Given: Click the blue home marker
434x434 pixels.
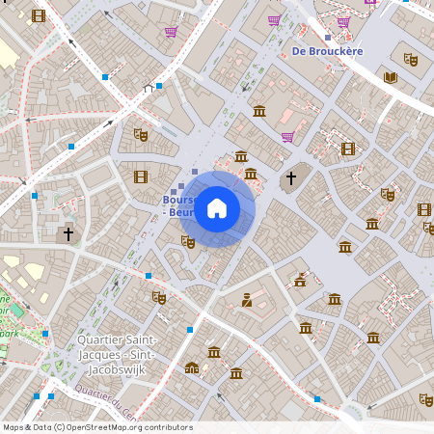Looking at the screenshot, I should [216, 208].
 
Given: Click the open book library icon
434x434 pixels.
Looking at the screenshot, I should [390, 77].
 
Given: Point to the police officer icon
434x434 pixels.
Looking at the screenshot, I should [247, 299].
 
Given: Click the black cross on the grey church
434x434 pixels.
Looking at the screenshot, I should [289, 178].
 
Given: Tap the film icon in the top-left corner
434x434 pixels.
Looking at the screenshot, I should [39, 15].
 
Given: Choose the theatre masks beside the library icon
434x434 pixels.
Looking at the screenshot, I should [410, 59].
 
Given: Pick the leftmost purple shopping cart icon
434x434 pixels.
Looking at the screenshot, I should [171, 31].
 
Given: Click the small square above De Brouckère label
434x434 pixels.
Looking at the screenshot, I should [328, 36].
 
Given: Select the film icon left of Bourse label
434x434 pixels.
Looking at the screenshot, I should [141, 176].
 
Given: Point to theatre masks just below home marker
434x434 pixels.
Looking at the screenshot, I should [188, 241].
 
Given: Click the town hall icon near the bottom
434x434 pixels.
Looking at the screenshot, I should [192, 366].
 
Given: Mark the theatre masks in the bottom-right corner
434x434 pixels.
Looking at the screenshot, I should [425, 400].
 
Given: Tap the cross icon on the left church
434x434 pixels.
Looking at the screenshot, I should [68, 232].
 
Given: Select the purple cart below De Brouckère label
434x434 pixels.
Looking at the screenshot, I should [286, 137].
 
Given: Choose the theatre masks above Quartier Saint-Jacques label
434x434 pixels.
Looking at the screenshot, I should [158, 297].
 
